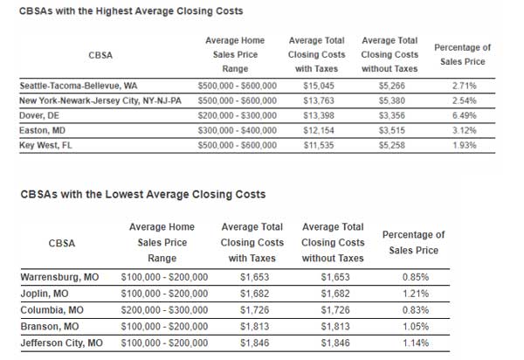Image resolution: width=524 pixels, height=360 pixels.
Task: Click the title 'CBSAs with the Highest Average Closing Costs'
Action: pyautogui.click(x=131, y=11)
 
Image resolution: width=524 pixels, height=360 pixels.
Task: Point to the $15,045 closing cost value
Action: pyautogui.click(x=316, y=87)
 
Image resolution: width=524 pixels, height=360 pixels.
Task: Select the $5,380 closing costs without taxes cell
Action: pyautogui.click(x=389, y=101)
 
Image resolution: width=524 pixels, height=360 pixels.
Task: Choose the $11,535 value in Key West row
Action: pyautogui.click(x=316, y=144)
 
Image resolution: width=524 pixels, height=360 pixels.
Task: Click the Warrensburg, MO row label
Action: pyautogui.click(x=59, y=277)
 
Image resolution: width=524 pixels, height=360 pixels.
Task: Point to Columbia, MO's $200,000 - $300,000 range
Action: pyautogui.click(x=164, y=310)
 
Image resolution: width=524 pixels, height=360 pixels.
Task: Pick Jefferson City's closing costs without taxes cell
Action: pyautogui.click(x=333, y=343)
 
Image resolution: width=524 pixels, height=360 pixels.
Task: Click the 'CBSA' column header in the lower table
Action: pyautogui.click(x=61, y=242)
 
